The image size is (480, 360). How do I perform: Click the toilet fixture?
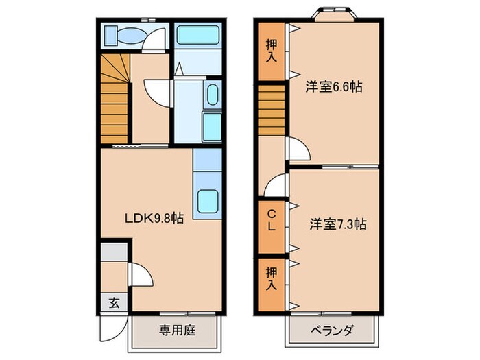point(124,36)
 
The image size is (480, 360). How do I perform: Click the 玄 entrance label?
point(112,302)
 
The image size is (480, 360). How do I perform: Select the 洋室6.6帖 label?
point(335,87)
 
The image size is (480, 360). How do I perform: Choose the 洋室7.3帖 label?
point(337,224)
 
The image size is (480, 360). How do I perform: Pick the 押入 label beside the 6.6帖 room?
point(272,49)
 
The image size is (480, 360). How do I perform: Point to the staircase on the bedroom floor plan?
point(272,110)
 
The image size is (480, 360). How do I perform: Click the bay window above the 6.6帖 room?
point(335,14)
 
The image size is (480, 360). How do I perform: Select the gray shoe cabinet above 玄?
point(114,252)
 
